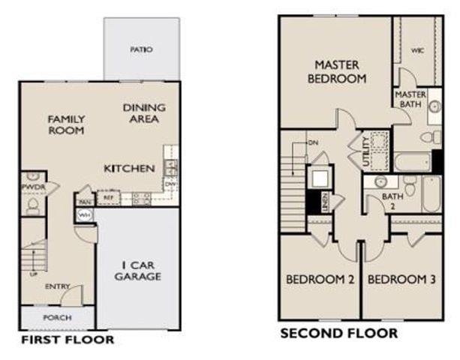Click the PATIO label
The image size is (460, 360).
click(141, 49)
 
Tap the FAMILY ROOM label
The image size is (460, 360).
click(67, 124)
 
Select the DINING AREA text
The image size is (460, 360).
click(144, 113)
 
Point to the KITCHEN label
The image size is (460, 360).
click(129, 168)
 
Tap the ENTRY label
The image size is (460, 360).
click(57, 286)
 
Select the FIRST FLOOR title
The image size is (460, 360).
click(68, 340)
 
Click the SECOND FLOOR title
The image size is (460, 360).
click(339, 333)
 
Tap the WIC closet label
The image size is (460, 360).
click(418, 51)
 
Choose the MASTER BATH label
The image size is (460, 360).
click(410, 99)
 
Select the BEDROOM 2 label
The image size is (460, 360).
click(320, 280)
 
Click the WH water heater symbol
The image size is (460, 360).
click(83, 215)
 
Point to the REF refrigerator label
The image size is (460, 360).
click(108, 198)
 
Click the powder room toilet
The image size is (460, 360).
click(32, 204)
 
